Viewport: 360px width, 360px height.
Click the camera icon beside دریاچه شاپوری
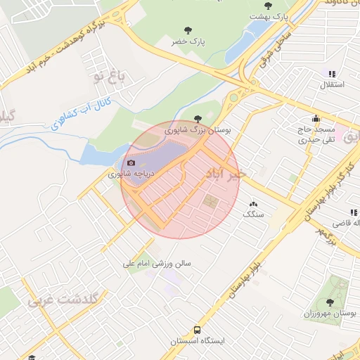pos(131,163)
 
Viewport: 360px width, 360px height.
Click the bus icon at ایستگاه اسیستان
pos(197,329)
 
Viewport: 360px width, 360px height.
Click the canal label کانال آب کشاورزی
pos(84,115)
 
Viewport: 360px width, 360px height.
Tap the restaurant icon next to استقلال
pos(332,73)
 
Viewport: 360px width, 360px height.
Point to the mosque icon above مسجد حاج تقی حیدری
pos(316,118)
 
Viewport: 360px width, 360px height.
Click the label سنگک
pos(252,213)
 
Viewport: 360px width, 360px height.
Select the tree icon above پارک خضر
pos(188,30)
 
